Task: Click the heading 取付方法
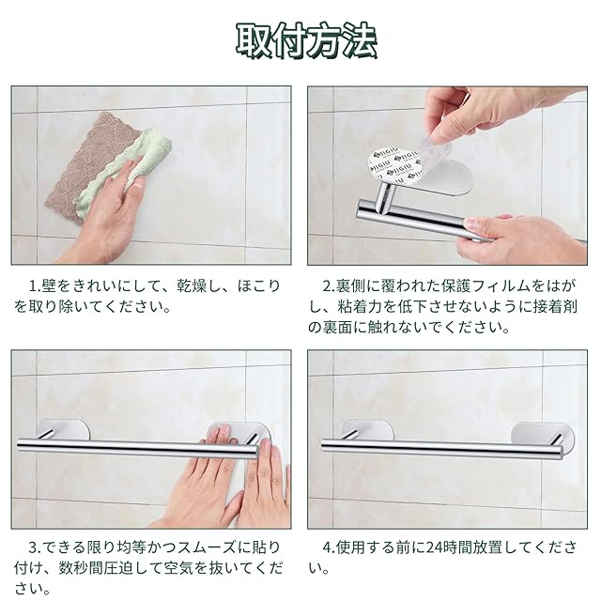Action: point(306,40)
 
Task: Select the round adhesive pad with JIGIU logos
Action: point(394,165)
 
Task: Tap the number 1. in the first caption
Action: point(36,285)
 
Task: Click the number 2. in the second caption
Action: point(329,285)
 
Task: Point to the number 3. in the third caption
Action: point(36,547)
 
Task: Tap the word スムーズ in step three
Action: point(207,547)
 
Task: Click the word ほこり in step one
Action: point(259,285)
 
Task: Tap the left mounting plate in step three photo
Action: point(63,428)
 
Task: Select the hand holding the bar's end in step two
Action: point(521,238)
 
